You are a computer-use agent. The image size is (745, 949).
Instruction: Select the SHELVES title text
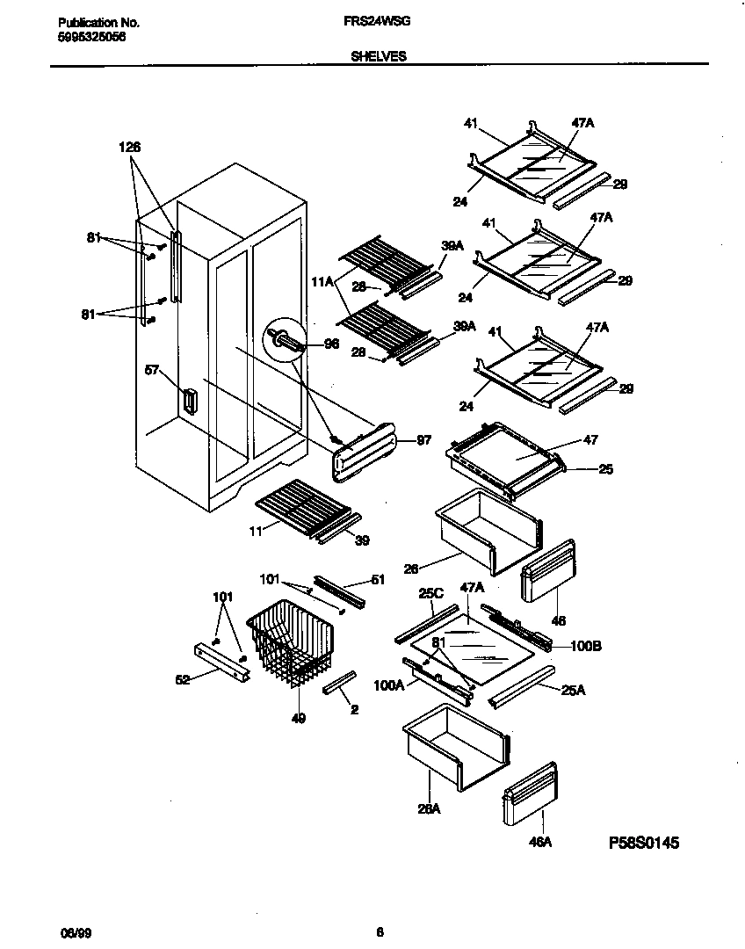click(378, 55)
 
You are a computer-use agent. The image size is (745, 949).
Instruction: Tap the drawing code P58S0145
click(644, 843)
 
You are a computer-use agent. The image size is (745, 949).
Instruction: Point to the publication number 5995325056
click(86, 38)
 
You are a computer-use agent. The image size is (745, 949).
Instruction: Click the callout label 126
click(130, 148)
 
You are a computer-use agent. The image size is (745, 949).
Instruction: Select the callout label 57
click(152, 371)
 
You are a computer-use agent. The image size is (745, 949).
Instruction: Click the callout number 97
click(423, 440)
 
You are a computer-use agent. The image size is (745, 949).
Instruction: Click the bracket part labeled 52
click(221, 660)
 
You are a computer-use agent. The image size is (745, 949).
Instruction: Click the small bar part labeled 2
click(340, 680)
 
